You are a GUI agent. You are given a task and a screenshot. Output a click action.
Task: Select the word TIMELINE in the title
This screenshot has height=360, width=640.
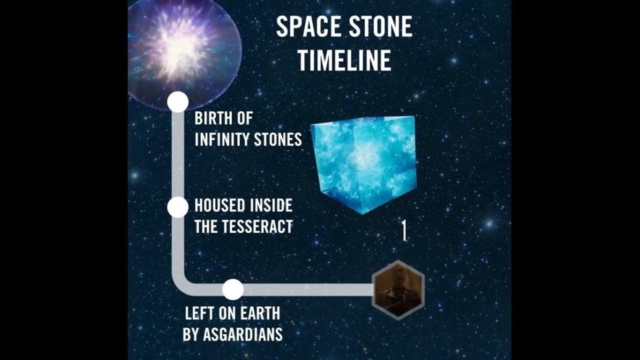coord(344,60)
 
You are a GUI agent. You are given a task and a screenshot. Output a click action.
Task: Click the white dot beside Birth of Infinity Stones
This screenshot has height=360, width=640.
coord(177,102)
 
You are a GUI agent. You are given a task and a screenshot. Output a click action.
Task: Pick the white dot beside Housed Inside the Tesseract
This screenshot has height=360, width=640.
coord(177,207)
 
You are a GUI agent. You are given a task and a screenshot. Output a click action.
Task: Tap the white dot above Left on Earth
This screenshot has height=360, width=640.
coord(232,289)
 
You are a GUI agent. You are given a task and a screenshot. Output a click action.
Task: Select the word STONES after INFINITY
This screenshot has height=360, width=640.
coord(278,139)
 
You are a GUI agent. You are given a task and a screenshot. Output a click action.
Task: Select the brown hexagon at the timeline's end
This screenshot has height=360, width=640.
coord(398,290)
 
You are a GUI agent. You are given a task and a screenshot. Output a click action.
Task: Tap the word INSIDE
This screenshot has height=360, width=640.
coord(271,205)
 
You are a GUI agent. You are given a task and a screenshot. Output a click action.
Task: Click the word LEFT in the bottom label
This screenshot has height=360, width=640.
coord(197,313)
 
